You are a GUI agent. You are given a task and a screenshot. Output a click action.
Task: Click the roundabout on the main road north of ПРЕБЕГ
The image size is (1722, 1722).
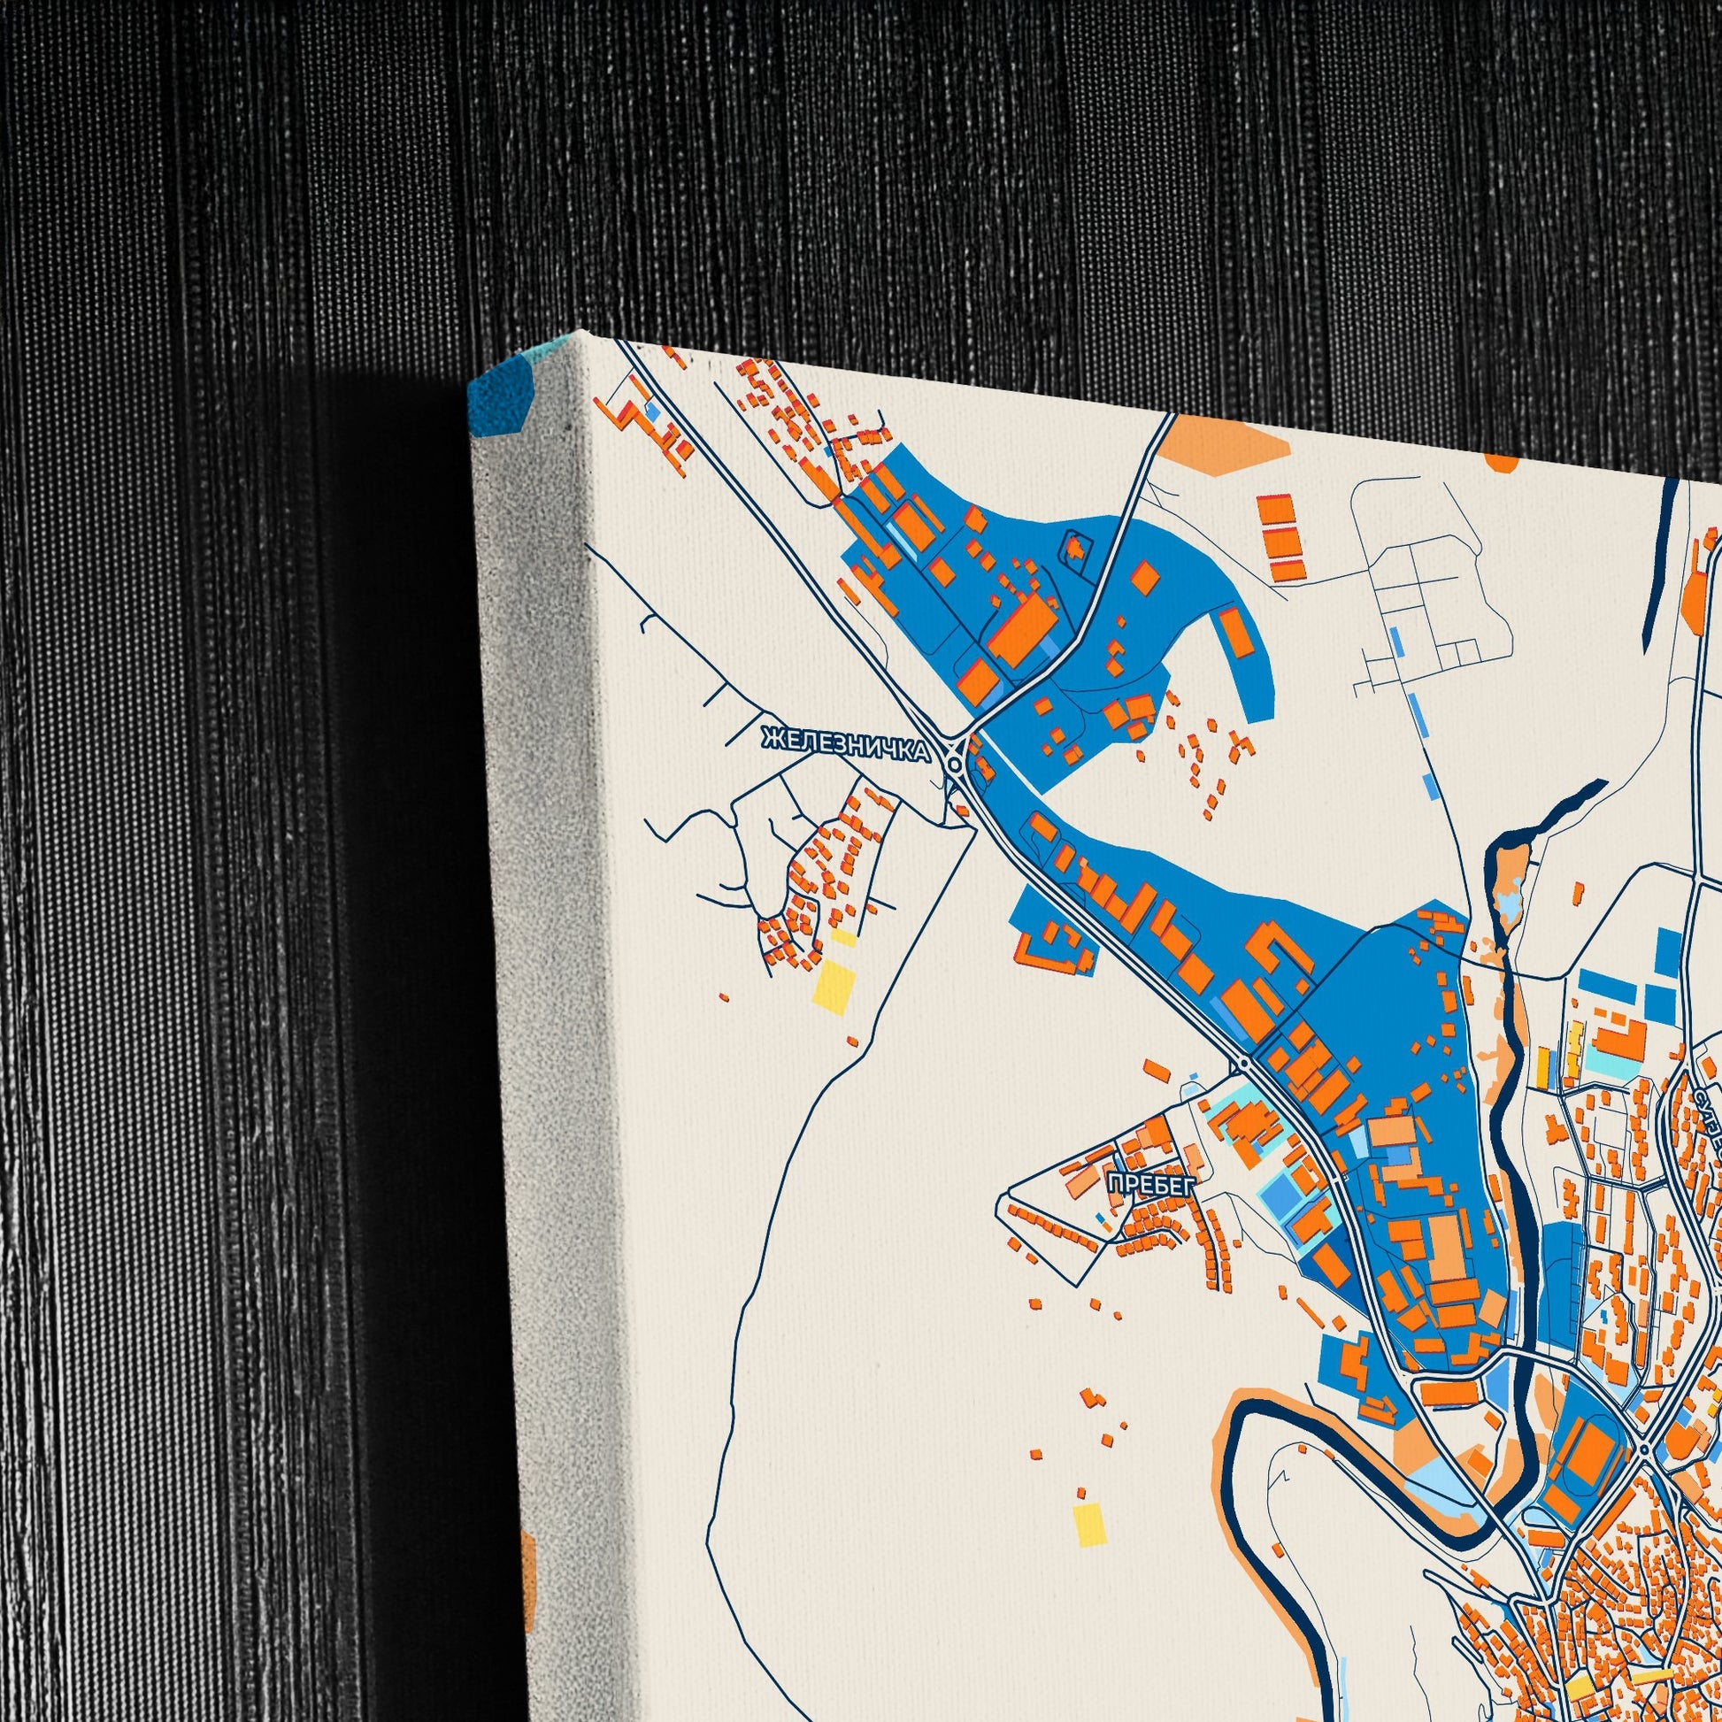click(1242, 1065)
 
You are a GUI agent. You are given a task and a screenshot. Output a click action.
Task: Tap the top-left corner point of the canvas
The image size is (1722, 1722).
click(580, 333)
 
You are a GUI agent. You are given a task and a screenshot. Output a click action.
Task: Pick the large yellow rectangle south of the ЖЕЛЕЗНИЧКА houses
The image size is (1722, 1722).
click(835, 984)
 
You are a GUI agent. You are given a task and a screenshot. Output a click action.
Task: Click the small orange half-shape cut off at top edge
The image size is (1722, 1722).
click(1501, 463)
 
